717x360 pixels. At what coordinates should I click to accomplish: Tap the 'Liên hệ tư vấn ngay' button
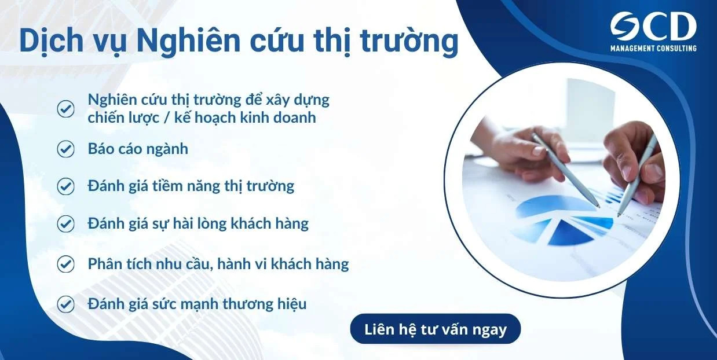[x=436, y=329]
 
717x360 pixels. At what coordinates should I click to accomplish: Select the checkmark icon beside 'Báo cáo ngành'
[x=65, y=149]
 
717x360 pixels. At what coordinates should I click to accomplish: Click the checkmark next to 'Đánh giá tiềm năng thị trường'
[x=65, y=186]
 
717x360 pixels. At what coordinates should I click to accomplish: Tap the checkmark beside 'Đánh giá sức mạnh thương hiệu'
[x=65, y=303]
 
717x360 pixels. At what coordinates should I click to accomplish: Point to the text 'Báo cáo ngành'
[x=138, y=149]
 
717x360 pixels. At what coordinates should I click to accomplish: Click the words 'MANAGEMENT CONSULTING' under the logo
[x=653, y=49]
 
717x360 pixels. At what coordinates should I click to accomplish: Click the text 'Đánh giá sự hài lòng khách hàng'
[x=198, y=223]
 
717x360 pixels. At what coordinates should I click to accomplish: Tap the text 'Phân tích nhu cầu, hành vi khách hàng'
[x=218, y=265]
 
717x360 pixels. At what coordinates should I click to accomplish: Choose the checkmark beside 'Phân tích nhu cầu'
[x=65, y=265]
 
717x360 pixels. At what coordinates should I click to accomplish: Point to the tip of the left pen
[x=598, y=205]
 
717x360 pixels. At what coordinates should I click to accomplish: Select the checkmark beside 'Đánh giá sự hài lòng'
[x=65, y=223]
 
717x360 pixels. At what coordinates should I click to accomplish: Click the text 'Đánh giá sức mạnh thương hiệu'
[x=197, y=303]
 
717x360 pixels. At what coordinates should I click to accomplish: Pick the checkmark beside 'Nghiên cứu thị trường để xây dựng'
[x=65, y=108]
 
